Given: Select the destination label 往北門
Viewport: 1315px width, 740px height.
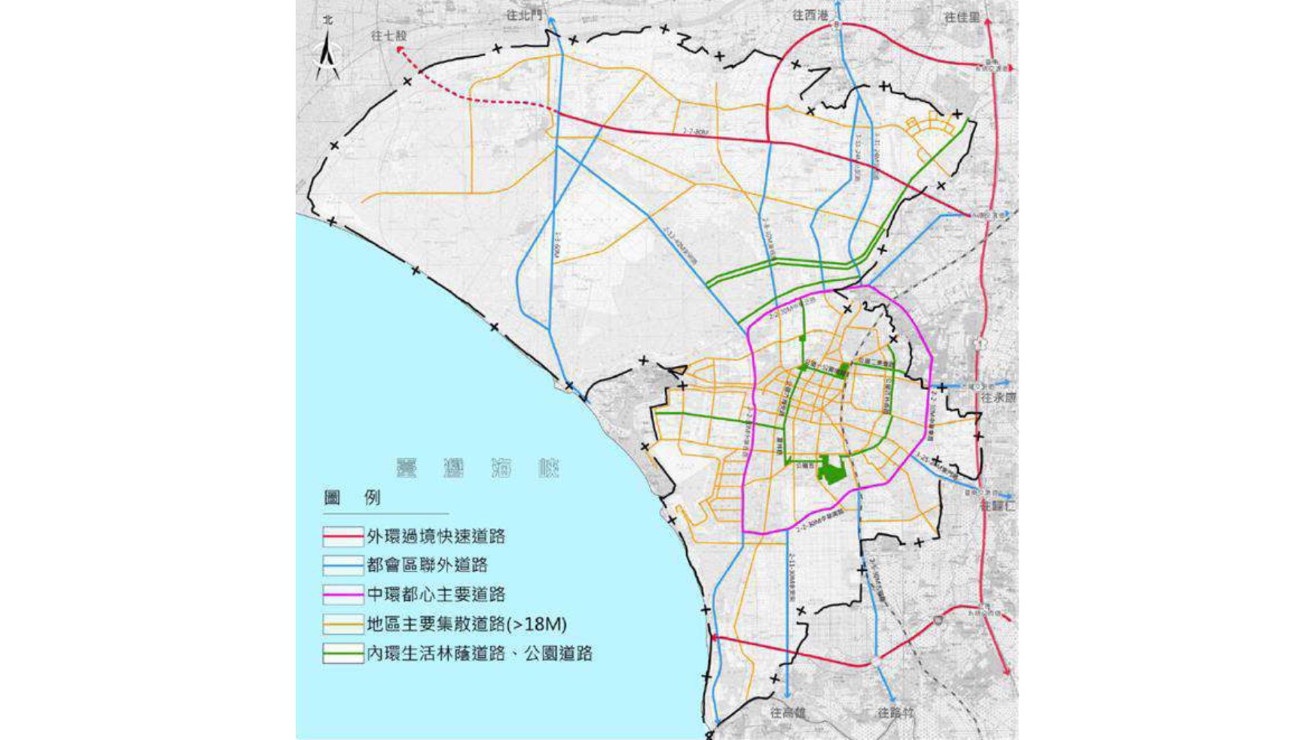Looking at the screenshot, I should point(524,14).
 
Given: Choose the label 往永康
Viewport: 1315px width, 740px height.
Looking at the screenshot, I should point(998,397).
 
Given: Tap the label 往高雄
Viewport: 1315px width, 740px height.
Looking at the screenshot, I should point(788,713).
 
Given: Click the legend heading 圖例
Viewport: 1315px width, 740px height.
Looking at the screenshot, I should point(352,498).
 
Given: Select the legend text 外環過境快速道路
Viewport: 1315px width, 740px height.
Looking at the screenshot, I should point(436,536).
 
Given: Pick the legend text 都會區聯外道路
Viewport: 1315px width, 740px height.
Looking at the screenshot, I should point(427,565).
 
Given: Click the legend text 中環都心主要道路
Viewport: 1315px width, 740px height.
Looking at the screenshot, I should point(436,595).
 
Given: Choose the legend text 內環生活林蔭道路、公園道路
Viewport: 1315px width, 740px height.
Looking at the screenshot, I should point(479,654).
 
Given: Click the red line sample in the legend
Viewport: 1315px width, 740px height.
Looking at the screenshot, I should point(343,536).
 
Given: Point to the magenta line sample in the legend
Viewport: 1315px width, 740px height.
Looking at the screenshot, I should point(343,595).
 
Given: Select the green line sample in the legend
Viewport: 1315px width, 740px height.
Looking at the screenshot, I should point(343,654).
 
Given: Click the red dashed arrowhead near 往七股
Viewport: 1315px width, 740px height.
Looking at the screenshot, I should point(400,50).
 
